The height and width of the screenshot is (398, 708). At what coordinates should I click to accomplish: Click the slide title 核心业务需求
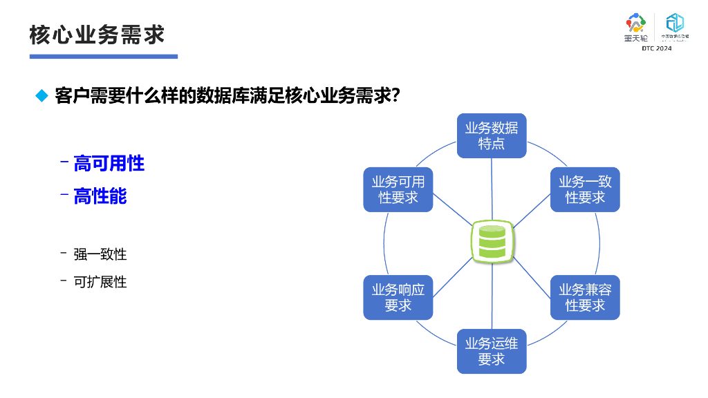(x=97, y=35)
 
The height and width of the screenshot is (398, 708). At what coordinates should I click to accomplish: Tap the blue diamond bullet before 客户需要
(x=41, y=95)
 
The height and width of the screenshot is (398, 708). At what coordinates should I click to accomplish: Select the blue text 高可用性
(x=109, y=164)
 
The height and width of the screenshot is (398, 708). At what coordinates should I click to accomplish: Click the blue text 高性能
(x=100, y=196)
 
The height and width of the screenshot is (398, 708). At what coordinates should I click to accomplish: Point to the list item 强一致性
(x=100, y=254)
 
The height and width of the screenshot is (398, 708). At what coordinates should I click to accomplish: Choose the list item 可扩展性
(x=100, y=282)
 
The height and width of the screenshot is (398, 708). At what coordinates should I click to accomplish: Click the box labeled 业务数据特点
(x=492, y=135)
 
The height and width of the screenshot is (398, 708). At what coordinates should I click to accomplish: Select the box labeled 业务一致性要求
(x=585, y=189)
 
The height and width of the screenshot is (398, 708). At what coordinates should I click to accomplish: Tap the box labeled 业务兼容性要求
(x=585, y=297)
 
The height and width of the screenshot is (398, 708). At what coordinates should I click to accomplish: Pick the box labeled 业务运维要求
(x=492, y=351)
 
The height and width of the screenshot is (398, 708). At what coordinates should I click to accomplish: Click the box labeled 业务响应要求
(x=398, y=297)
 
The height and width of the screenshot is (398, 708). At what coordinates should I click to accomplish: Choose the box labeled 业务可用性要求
(x=398, y=189)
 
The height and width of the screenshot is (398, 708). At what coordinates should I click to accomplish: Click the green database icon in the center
(x=492, y=242)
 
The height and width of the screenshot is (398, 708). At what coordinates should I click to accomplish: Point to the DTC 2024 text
(x=656, y=48)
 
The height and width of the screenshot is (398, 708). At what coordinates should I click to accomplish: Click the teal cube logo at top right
(x=674, y=23)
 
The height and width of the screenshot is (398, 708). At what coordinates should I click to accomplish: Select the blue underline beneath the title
(x=104, y=56)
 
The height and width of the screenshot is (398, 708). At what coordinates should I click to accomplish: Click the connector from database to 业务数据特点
(x=492, y=190)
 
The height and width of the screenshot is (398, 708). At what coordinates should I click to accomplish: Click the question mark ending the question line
(x=395, y=95)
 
